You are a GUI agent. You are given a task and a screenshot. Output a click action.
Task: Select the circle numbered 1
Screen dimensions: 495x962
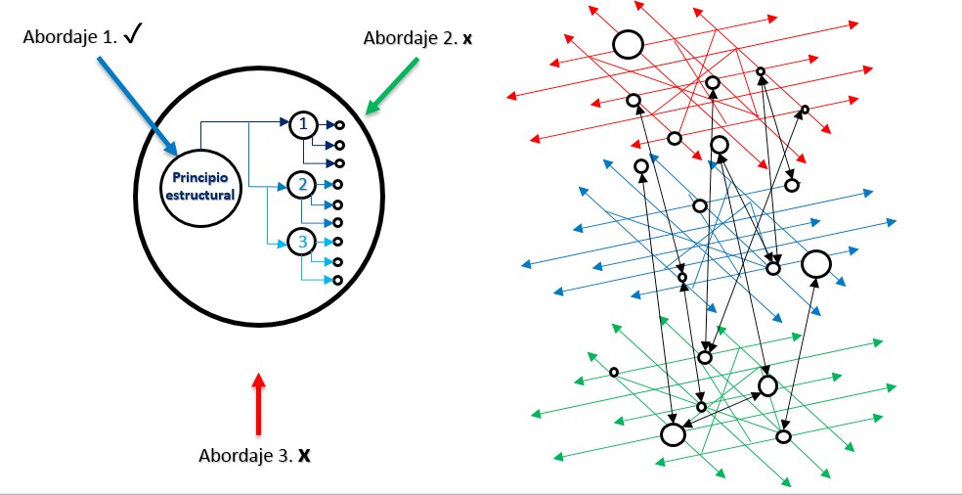point(303,124)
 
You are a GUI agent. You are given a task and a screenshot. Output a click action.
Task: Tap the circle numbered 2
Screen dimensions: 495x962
point(303,183)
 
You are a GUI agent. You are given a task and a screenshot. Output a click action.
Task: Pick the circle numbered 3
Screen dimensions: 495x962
point(303,241)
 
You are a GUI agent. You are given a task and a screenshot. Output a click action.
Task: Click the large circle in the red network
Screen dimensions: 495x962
point(627,44)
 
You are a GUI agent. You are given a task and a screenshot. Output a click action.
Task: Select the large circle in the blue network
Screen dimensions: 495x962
point(815,264)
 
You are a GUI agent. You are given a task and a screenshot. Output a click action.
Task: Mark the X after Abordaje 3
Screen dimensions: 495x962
point(304,456)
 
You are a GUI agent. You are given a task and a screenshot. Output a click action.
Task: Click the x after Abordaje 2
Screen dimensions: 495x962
point(466,38)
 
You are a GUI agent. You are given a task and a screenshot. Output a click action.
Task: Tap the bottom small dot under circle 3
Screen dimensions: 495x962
point(338,281)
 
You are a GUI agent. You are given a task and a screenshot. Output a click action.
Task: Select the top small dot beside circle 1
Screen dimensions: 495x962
point(338,125)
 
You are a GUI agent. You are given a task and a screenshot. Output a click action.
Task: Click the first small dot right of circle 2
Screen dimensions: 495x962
point(338,184)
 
